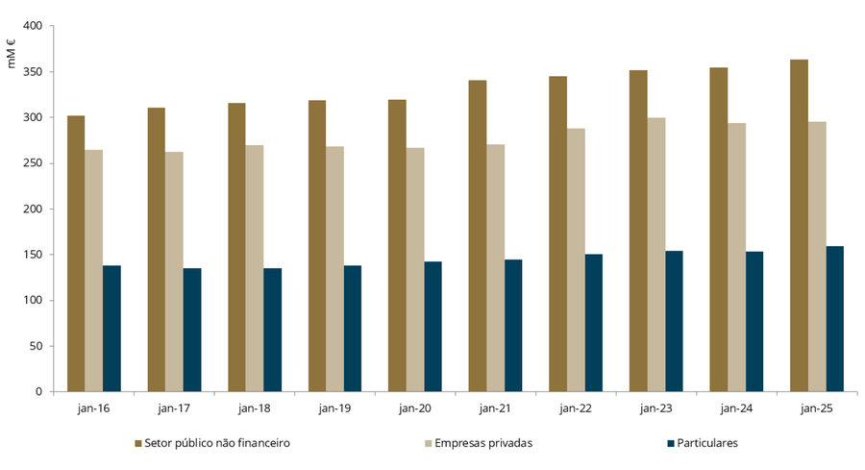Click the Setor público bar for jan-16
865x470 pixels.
click(x=76, y=254)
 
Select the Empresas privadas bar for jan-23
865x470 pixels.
click(x=656, y=255)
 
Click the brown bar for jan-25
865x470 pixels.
click(x=799, y=226)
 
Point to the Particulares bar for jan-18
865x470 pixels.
click(x=273, y=330)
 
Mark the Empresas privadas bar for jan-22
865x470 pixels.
click(x=576, y=260)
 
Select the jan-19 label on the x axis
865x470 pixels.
click(x=334, y=408)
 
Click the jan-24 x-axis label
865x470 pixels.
click(x=736, y=408)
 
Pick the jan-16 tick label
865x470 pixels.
click(x=94, y=408)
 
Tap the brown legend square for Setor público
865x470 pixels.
click(x=137, y=443)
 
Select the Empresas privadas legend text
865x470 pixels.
click(x=482, y=443)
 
